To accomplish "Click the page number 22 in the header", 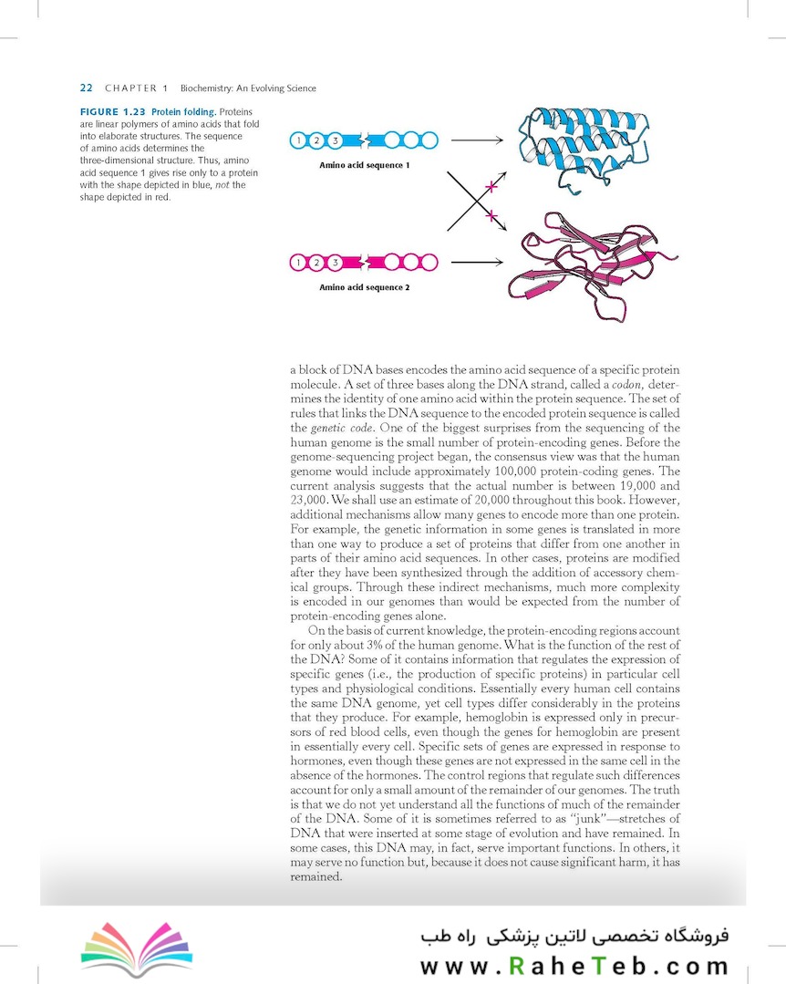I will click(x=87, y=88).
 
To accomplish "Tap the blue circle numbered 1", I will click(x=297, y=140).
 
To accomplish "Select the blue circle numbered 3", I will click(x=335, y=140).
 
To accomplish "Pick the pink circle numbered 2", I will click(x=316, y=263).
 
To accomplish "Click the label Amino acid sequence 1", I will click(x=364, y=165).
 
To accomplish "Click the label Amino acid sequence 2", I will click(x=364, y=287).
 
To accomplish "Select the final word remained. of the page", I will click(x=315, y=876).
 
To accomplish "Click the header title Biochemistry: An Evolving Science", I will click(x=248, y=88).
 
